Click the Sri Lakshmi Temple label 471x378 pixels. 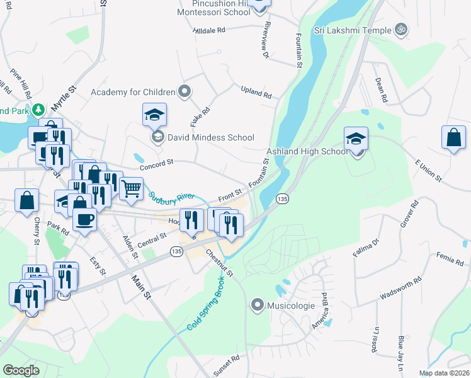(x=353, y=30)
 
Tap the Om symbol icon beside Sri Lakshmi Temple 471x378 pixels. (x=400, y=29)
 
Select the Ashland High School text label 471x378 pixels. (x=307, y=151)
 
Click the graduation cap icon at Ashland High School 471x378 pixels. (x=356, y=138)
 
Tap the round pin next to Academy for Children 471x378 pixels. (x=184, y=92)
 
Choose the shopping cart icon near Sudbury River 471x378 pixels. (x=131, y=187)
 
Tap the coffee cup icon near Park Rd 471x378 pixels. (x=84, y=219)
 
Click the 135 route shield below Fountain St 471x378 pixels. (x=282, y=198)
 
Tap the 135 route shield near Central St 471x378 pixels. (x=177, y=251)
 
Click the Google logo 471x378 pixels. (x=21, y=370)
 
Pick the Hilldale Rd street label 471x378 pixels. (x=210, y=30)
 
